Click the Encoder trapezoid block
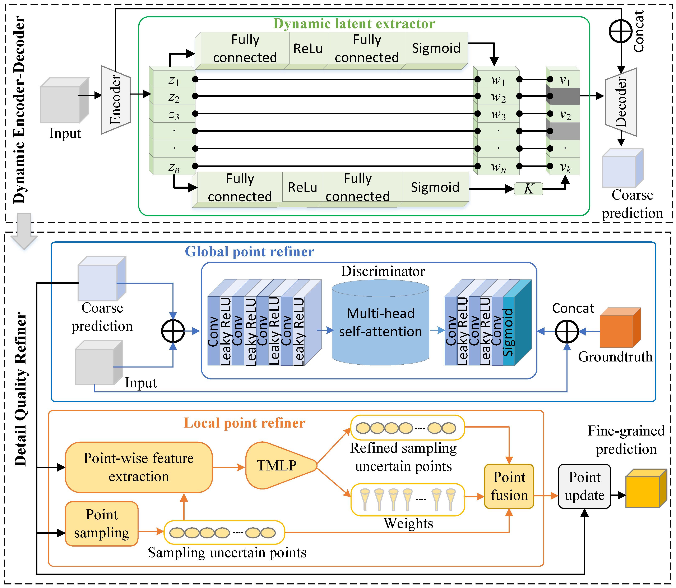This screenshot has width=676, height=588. (115, 100)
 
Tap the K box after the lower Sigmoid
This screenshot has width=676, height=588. (528, 189)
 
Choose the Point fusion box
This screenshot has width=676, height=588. (509, 486)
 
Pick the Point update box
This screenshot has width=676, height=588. (584, 486)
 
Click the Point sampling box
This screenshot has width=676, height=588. (102, 524)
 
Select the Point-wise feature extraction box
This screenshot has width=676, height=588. (139, 467)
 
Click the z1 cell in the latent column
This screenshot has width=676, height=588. (174, 80)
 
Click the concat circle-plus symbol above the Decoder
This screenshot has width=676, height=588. (621, 31)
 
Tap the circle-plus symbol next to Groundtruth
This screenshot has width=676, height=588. (567, 331)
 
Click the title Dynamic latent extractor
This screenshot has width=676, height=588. (354, 24)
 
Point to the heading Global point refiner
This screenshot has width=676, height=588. (250, 252)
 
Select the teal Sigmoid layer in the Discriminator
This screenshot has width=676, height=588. (509, 331)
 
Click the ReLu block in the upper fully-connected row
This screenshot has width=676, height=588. (308, 49)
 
